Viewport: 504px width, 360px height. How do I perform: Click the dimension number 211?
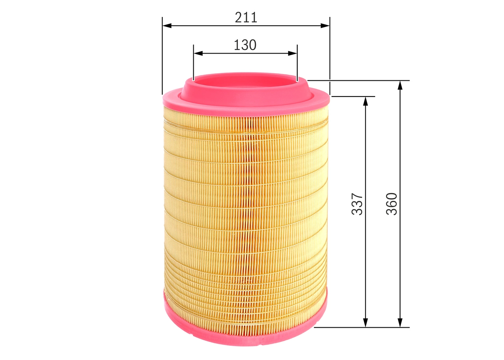point(246,17)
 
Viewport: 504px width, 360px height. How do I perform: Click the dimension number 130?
point(245,45)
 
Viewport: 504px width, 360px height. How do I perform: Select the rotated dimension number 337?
point(357,204)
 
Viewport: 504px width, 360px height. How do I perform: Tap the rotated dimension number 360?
point(391,204)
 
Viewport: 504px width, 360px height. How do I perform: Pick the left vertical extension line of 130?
point(193,63)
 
